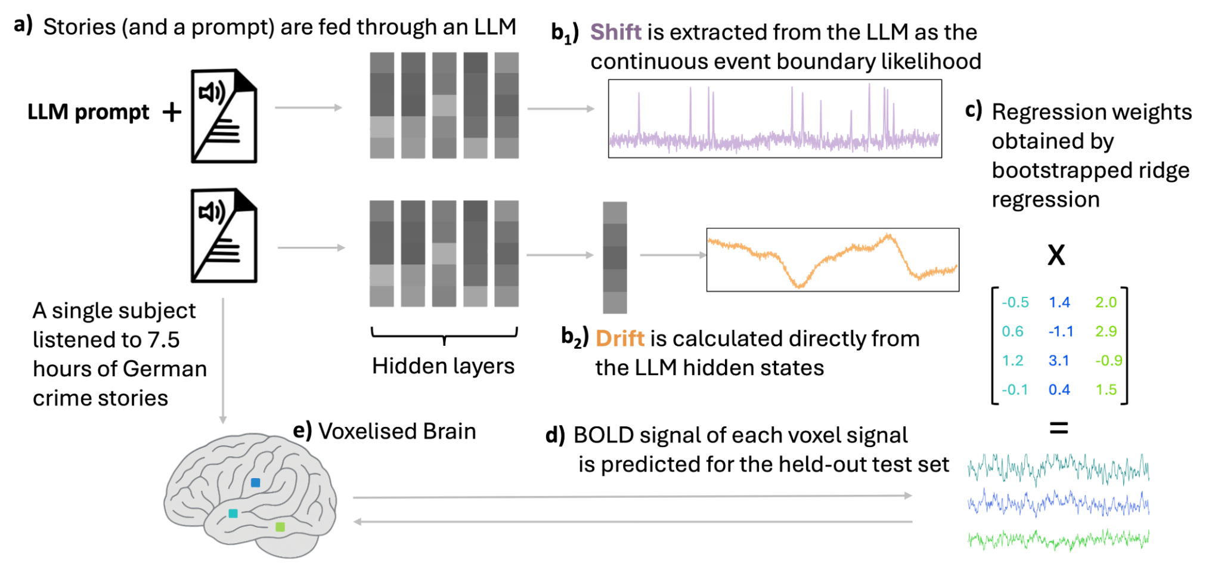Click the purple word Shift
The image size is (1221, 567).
tap(615, 32)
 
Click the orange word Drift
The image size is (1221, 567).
tap(619, 339)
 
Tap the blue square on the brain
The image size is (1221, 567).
tap(255, 482)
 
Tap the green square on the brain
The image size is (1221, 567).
tap(280, 526)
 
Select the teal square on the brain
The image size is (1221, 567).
tap(233, 513)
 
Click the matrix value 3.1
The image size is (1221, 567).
tap(1059, 361)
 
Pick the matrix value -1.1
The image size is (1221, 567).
tap(1061, 331)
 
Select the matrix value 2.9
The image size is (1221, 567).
tap(1105, 331)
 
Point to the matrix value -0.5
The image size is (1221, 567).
tap(1015, 302)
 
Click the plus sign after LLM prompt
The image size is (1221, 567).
tap(172, 112)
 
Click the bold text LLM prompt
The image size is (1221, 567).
tap(88, 112)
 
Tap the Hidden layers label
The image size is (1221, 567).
tap(443, 366)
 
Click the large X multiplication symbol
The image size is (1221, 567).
tap(1056, 255)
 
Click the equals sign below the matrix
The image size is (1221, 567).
tap(1058, 427)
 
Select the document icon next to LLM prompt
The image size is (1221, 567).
tap(224, 116)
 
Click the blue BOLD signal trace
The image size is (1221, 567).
tap(1058, 504)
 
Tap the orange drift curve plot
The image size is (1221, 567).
tap(832, 260)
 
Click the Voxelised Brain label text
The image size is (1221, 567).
tap(396, 432)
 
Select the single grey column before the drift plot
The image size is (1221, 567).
tap(615, 258)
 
